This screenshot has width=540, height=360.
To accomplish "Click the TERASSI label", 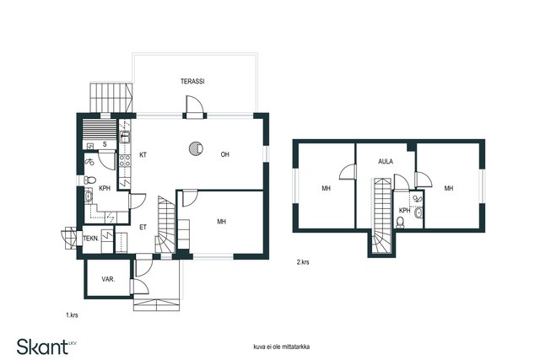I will tap(192, 82).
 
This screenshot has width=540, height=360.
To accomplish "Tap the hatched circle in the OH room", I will tap(196, 148).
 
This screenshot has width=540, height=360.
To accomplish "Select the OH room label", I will tap(225, 154).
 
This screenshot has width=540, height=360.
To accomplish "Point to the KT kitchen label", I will tap(143, 154).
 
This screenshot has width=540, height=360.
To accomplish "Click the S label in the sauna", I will tap(105, 144).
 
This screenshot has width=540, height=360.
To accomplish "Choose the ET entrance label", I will tap(143, 227).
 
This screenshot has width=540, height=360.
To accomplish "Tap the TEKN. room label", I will tap(91, 239).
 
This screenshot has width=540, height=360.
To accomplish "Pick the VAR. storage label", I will tap(108, 278).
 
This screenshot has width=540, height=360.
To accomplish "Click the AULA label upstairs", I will tap(386, 160).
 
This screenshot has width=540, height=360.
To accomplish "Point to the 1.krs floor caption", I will tap(73, 314).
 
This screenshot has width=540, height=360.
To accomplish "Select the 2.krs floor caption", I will tap(303, 262).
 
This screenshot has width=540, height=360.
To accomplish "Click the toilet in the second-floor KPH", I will tap(400, 222).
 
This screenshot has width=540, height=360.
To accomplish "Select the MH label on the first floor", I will tap(221, 222).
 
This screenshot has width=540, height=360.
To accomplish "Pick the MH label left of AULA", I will tap(326, 188).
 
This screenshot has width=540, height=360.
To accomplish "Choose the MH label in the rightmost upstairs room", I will tap(449, 188).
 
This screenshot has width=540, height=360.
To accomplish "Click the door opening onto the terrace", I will tap(194, 106).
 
